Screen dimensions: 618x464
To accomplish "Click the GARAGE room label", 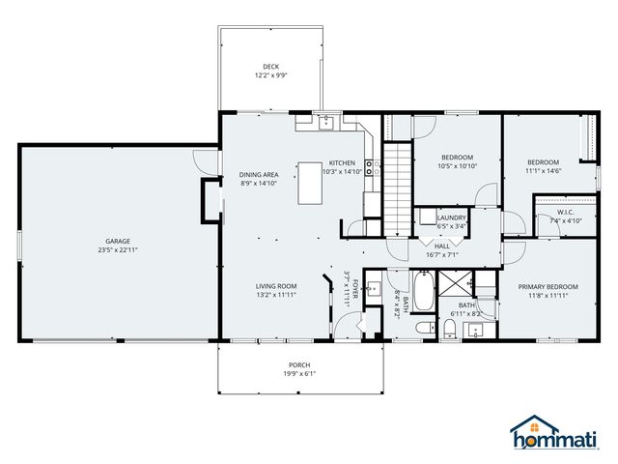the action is pos(118,241).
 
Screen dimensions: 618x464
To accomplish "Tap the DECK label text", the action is pos(270,67).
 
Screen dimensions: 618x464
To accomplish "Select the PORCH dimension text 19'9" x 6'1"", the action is pos(299,373).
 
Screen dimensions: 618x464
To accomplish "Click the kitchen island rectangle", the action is pos(310,183).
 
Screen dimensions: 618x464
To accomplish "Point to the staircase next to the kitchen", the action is pos(398,188).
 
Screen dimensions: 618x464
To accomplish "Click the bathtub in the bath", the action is pos(423,291).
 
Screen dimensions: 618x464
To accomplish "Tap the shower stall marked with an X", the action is pos(455,283).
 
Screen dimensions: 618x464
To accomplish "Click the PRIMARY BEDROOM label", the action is pos(548,286).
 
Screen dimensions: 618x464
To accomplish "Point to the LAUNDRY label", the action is pos(452,217).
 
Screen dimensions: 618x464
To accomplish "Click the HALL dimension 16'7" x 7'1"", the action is pos(442,255).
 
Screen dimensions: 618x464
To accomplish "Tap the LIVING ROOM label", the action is pos(276,286).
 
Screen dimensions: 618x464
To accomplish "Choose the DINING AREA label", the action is pos(259,174).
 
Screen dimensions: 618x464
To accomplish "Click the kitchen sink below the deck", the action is pos(326,123).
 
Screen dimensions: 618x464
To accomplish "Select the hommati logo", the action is pos(554,432).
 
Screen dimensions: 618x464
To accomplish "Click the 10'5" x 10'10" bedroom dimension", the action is pos(457,166).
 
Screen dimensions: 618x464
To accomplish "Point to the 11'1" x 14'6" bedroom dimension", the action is pos(543,171).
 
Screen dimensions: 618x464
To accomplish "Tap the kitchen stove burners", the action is pos(369,167).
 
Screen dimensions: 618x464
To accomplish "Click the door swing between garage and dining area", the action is pos(202,162).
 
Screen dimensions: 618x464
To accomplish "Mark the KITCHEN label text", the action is pos(342,162).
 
